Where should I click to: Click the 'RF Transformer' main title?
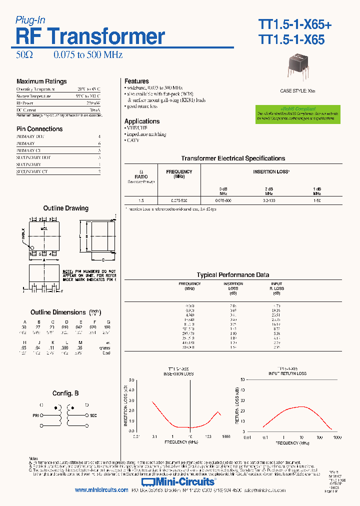[90, 36]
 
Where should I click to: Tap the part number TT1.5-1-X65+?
[294, 24]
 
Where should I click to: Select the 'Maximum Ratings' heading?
[41, 81]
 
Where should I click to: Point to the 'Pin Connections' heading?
[39, 129]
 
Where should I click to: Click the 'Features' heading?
[136, 81]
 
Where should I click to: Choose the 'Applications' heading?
[142, 121]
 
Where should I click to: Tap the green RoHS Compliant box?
[297, 113]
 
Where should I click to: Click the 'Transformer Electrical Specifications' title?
[233, 158]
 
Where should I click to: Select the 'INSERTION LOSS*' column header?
[270, 171]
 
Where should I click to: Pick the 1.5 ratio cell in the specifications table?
[140, 200]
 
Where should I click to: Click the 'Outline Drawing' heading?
[65, 208]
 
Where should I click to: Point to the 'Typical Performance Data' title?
[232, 274]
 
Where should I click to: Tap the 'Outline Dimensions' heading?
[58, 312]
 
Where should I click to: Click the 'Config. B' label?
[65, 393]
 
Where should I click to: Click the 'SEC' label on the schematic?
[93, 415]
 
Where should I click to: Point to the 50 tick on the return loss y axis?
[242, 379]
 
